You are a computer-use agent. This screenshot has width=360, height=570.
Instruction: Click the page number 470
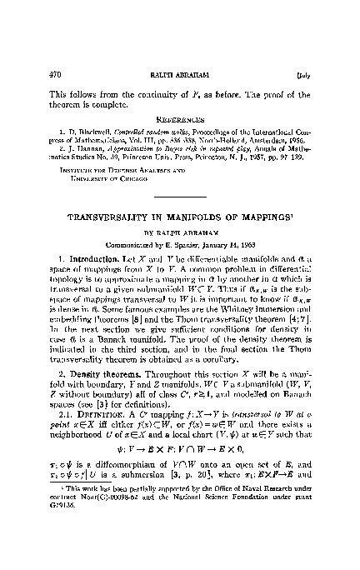(x=48, y=32)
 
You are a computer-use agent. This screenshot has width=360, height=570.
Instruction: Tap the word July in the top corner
(x=307, y=32)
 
